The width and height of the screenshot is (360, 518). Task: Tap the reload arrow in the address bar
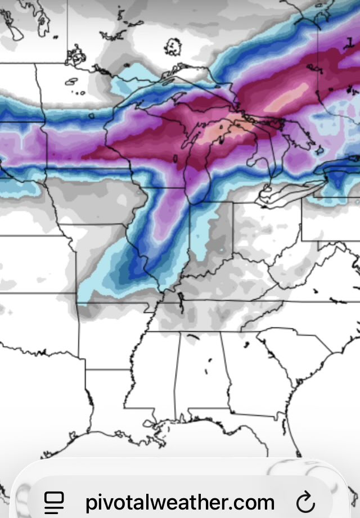pyautogui.click(x=305, y=500)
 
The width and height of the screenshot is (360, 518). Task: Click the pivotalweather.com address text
pyautogui.click(x=180, y=501)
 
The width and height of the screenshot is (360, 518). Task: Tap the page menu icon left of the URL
pyautogui.click(x=55, y=500)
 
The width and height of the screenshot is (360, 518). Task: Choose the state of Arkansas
pyautogui.click(x=110, y=337)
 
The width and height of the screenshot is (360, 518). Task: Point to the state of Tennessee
pyautogui.click(x=214, y=315)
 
